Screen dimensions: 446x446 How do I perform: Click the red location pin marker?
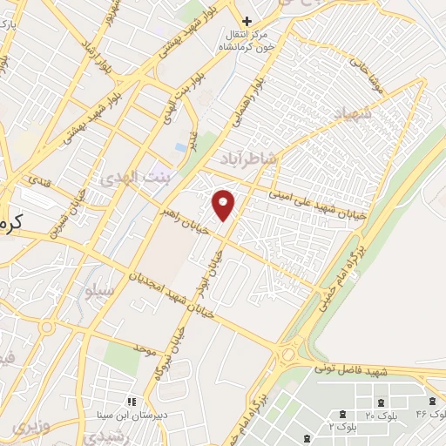[223, 204]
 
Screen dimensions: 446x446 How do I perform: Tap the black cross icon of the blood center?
[247, 20]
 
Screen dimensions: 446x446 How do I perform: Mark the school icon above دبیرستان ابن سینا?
[132, 402]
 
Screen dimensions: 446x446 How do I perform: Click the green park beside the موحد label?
[122, 358]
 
